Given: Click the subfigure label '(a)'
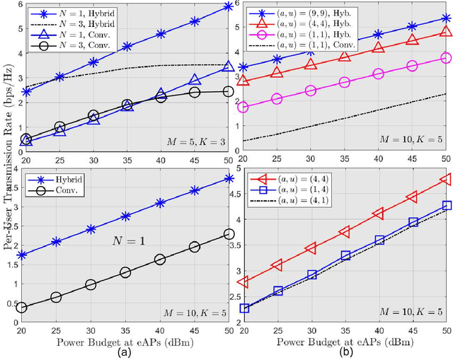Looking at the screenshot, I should coord(124,352).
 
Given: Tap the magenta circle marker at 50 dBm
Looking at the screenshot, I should coord(445,58).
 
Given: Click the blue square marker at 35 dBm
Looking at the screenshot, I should coord(345,255).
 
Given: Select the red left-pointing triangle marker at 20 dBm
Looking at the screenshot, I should coord(244,282).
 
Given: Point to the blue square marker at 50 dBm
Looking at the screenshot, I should coord(445,205).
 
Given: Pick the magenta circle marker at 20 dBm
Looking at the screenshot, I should coord(244,107).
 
